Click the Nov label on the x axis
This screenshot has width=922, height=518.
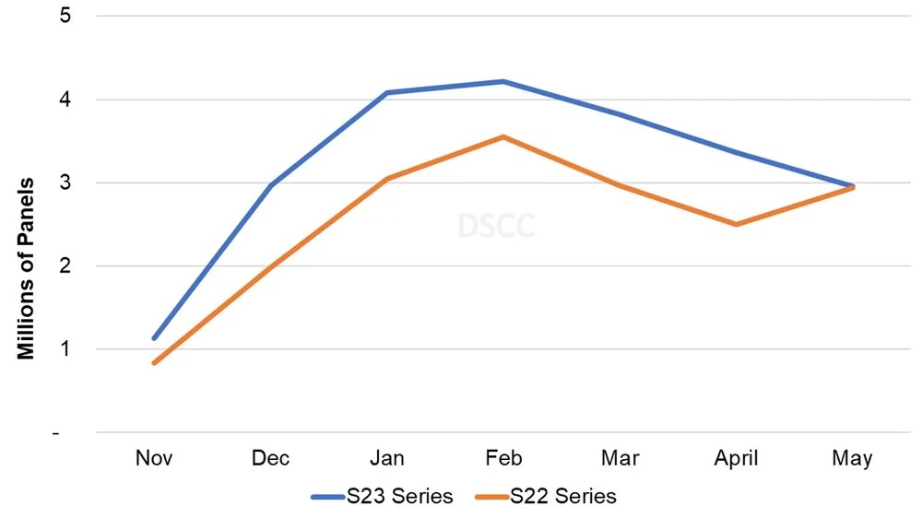pos(154,459)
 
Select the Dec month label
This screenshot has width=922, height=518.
pos(270,459)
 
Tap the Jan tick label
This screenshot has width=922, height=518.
pos(386,459)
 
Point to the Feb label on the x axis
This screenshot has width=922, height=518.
pos(502,459)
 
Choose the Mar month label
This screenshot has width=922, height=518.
pos(620,459)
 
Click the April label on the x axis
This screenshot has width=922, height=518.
pos(736,459)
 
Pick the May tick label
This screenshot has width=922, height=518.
pos(852,459)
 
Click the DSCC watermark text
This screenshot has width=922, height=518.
pos(496,225)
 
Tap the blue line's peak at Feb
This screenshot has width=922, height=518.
pos(502,81)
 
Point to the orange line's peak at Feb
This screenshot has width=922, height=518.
pos(502,136)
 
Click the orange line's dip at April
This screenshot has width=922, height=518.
pos(736,224)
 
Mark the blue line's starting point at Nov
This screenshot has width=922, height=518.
pos(154,338)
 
